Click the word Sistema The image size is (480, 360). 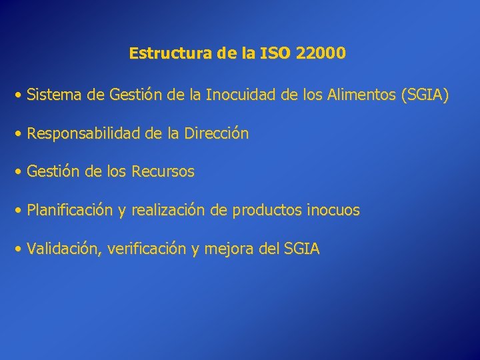point(55,96)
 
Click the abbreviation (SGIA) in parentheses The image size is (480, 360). point(425,96)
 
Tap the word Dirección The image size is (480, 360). point(217,134)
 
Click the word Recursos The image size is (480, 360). point(163,172)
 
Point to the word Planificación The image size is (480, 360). point(70,211)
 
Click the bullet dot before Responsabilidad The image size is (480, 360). point(20,134)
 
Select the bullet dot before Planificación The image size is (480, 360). point(20,211)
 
